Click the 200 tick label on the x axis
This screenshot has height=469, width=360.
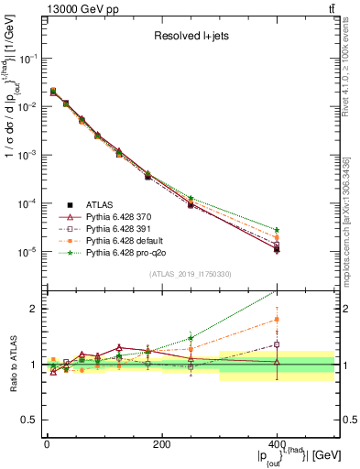pyautogui.click(x=161, y=442)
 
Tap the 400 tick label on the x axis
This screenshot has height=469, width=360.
pyautogui.click(x=277, y=442)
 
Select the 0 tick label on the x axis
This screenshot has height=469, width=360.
pyautogui.click(x=47, y=442)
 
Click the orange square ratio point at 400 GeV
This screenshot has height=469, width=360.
pyautogui.click(x=277, y=320)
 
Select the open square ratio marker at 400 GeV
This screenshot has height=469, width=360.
pyautogui.click(x=277, y=345)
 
